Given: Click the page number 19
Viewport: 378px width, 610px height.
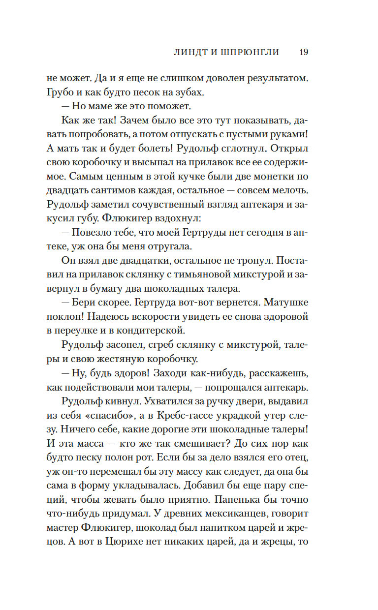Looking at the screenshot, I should tap(304, 52).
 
